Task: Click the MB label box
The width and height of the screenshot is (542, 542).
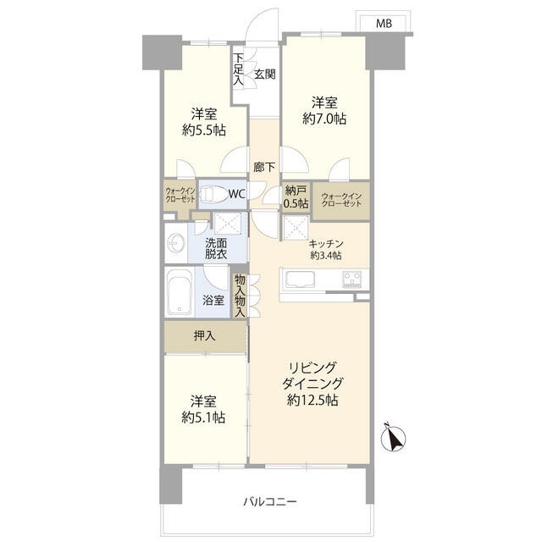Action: pos(384,23)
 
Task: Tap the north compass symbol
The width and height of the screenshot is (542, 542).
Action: pos(393,437)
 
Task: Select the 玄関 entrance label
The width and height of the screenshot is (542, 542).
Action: pos(265,74)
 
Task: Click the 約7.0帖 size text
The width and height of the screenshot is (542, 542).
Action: pos(324,119)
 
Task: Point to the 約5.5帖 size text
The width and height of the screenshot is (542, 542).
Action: pos(204,130)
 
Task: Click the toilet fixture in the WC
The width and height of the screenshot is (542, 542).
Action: pos(212,194)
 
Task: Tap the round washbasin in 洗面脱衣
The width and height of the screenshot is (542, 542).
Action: pos(175,243)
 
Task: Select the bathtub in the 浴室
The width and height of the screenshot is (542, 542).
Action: pos(179,292)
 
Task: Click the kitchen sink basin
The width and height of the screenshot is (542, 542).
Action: pos(299,279)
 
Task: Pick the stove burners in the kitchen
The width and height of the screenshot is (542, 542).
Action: pos(352,279)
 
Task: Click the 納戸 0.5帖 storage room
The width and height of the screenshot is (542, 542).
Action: pos(296,196)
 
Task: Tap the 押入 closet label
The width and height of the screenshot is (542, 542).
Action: pos(205,335)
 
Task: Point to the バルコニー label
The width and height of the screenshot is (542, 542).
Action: pos(270,501)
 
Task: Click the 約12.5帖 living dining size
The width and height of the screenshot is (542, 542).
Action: pos(312,401)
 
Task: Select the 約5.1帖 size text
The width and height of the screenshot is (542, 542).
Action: pos(203,418)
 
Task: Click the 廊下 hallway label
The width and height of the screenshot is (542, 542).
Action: pos(264,168)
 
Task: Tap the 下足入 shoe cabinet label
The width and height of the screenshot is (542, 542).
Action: pos(238,69)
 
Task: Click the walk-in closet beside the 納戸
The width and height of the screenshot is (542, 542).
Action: pos(341,201)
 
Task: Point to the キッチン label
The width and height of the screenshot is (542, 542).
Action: pos(326,244)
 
